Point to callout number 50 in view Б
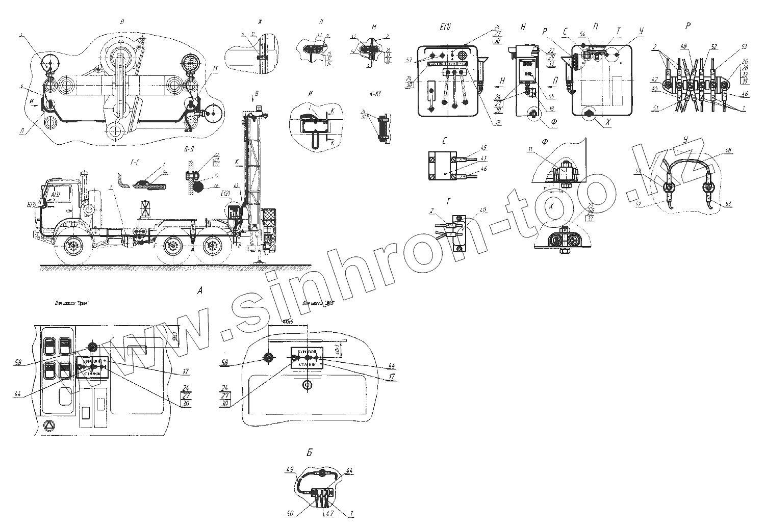coord(290,514)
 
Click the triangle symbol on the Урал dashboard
coord(49,426)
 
